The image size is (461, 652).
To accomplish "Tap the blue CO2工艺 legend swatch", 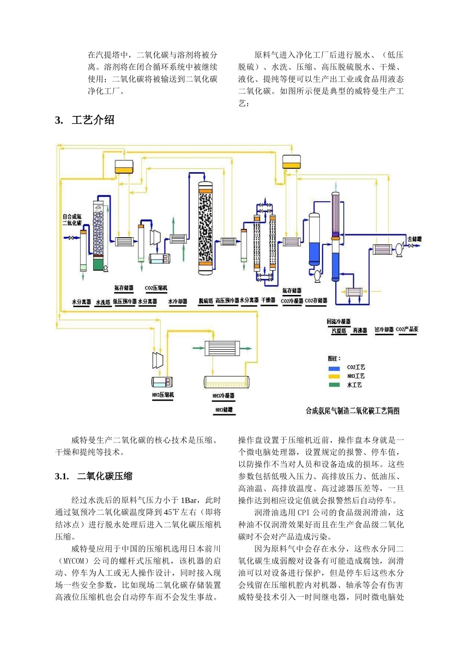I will pos(334,368).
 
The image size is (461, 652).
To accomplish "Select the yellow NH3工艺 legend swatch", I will pos(334,376).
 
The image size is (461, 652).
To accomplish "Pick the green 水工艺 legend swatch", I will pos(334,385).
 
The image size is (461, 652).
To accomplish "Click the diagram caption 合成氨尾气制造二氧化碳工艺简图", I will pos(352,411).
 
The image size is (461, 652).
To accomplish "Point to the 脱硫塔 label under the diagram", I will pos(206,301).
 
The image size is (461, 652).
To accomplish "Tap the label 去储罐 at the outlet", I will pos(414,239).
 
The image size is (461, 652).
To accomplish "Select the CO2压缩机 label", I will pos(156,288).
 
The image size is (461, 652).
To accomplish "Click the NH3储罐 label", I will pos(224,410).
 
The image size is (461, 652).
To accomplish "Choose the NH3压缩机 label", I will pos(163,395).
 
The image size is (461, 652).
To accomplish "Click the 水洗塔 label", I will pos(103,302).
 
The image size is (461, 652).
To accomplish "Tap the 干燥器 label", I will pos(268,300).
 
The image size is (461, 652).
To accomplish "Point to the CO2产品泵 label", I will pos(407,329).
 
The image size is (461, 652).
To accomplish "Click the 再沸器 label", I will pos(360,331).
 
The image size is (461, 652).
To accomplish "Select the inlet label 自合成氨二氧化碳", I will pos(72,220).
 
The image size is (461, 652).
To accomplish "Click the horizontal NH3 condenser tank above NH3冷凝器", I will pos(227,382).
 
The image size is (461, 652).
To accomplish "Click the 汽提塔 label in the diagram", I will pos(339,331).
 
